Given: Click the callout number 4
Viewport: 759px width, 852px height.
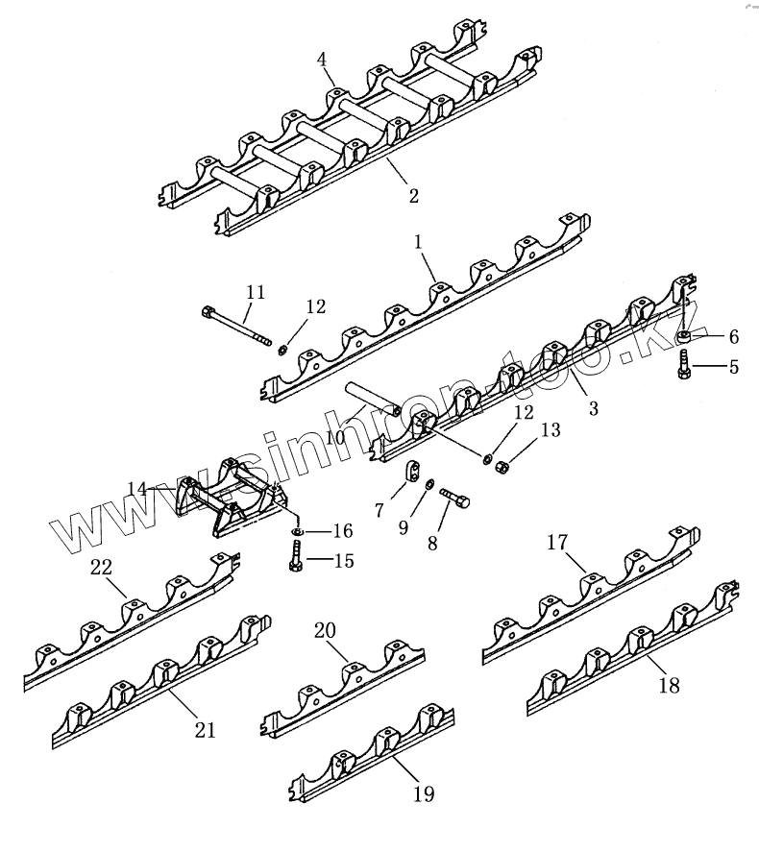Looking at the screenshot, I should (x=323, y=60).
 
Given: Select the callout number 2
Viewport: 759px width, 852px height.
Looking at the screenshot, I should (x=413, y=196).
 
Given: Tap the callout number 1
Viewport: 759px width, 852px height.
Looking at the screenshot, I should (x=420, y=244).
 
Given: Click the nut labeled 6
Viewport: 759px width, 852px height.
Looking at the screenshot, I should (x=685, y=336).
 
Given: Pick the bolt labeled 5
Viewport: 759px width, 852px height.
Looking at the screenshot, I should (x=684, y=364).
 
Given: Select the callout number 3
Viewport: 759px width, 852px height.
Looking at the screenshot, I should (x=593, y=408).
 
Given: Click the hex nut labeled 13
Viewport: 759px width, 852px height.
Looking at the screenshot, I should (x=501, y=465).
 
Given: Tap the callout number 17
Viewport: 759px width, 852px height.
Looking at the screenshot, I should (x=557, y=542).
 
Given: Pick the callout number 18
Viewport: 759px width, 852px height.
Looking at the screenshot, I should (x=670, y=685).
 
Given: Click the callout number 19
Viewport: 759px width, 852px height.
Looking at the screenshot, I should (x=424, y=794).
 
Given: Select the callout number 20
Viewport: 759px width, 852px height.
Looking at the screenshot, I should (x=325, y=630).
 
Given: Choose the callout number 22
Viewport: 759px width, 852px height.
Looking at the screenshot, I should (x=101, y=567).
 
